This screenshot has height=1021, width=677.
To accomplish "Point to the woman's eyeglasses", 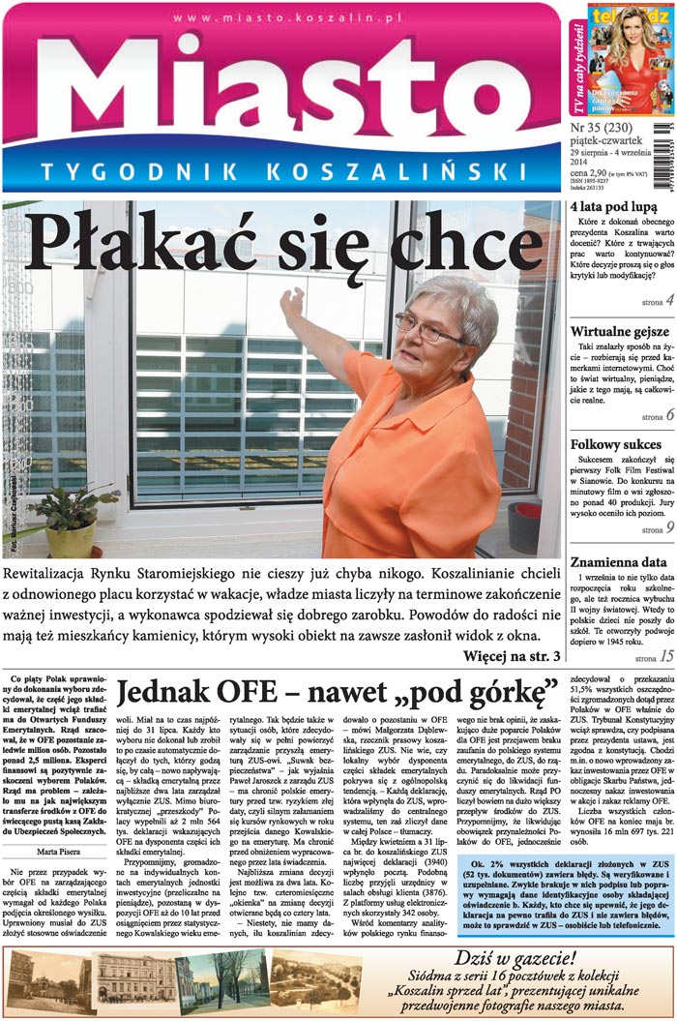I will [x=427, y=330].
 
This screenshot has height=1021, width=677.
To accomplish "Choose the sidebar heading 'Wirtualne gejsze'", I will [x=620, y=333].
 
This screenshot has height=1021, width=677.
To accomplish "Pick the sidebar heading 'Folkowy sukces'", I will [x=616, y=445].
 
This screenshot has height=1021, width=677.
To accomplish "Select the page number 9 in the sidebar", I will [x=669, y=528].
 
